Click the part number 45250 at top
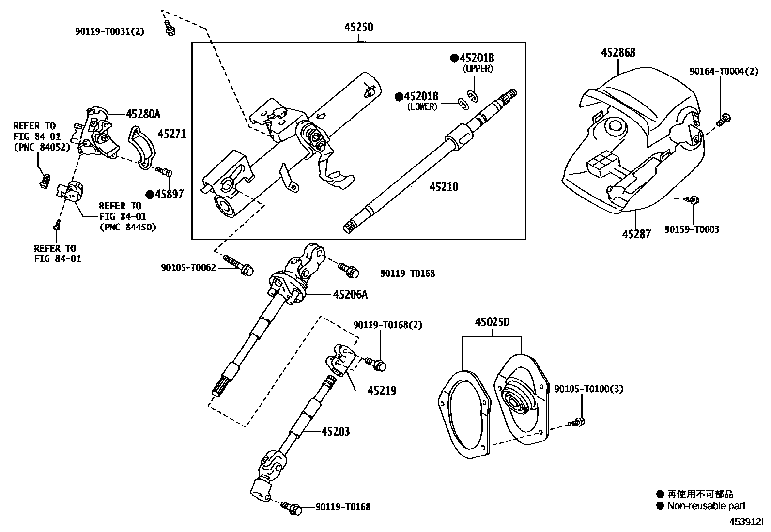[x=359, y=28]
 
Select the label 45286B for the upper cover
[x=618, y=52]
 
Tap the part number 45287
[x=636, y=234]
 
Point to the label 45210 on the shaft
[x=444, y=186]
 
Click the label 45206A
[x=350, y=294]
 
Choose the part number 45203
[x=335, y=431]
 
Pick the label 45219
[x=382, y=390]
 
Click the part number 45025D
[x=492, y=322]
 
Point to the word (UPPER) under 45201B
[x=478, y=69]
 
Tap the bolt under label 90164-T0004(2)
[x=724, y=119]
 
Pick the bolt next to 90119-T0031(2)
[x=170, y=28]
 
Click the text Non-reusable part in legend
[x=706, y=506]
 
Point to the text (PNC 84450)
[x=128, y=227]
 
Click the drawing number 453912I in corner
[x=746, y=522]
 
